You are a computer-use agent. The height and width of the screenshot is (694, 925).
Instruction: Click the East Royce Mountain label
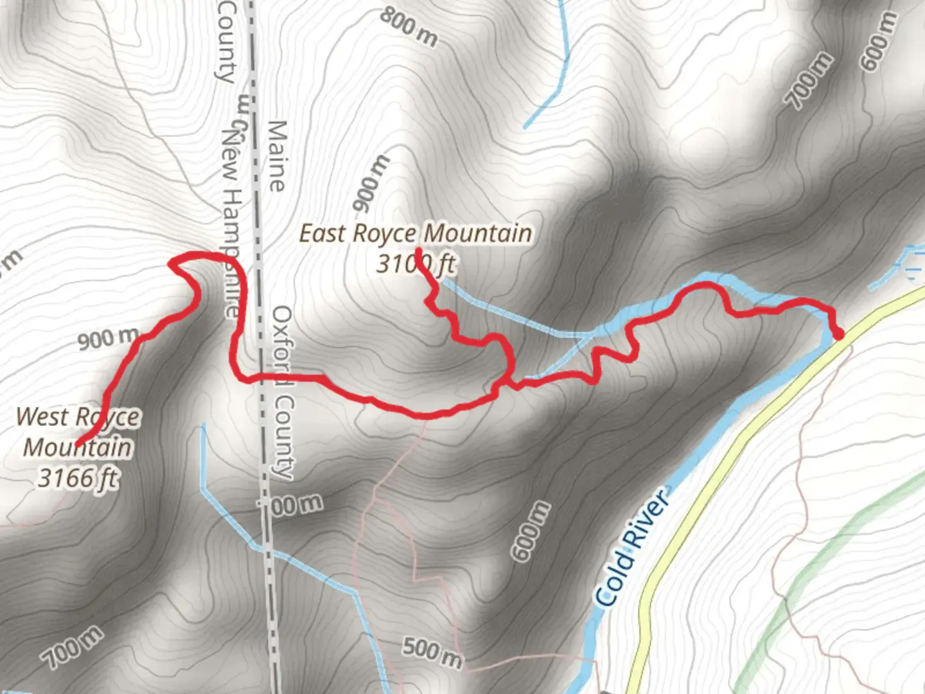(416, 233)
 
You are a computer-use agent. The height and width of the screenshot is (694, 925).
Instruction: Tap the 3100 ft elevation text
(416, 263)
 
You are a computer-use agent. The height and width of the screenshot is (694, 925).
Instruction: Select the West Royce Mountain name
(78, 432)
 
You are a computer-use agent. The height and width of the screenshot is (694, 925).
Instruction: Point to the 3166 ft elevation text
(78, 478)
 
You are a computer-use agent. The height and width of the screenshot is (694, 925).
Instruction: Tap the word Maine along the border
(276, 156)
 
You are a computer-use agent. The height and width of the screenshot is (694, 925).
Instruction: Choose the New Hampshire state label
(231, 222)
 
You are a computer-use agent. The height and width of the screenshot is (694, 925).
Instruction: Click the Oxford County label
(283, 392)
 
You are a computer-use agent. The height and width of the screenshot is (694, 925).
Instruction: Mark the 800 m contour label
(409, 27)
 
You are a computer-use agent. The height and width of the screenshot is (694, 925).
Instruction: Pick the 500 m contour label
(432, 652)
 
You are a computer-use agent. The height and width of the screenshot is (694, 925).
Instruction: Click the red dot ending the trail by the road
(838, 334)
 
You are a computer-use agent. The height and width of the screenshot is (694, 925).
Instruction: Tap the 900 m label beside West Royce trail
(108, 339)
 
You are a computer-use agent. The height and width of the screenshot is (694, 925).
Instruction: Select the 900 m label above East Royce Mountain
(371, 184)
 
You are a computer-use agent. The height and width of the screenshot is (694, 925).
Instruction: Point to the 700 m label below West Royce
(71, 646)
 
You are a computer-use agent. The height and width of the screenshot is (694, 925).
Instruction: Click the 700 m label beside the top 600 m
(809, 81)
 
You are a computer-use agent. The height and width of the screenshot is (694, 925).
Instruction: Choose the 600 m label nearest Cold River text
(531, 531)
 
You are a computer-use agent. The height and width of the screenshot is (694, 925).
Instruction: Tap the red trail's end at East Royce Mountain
(419, 251)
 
